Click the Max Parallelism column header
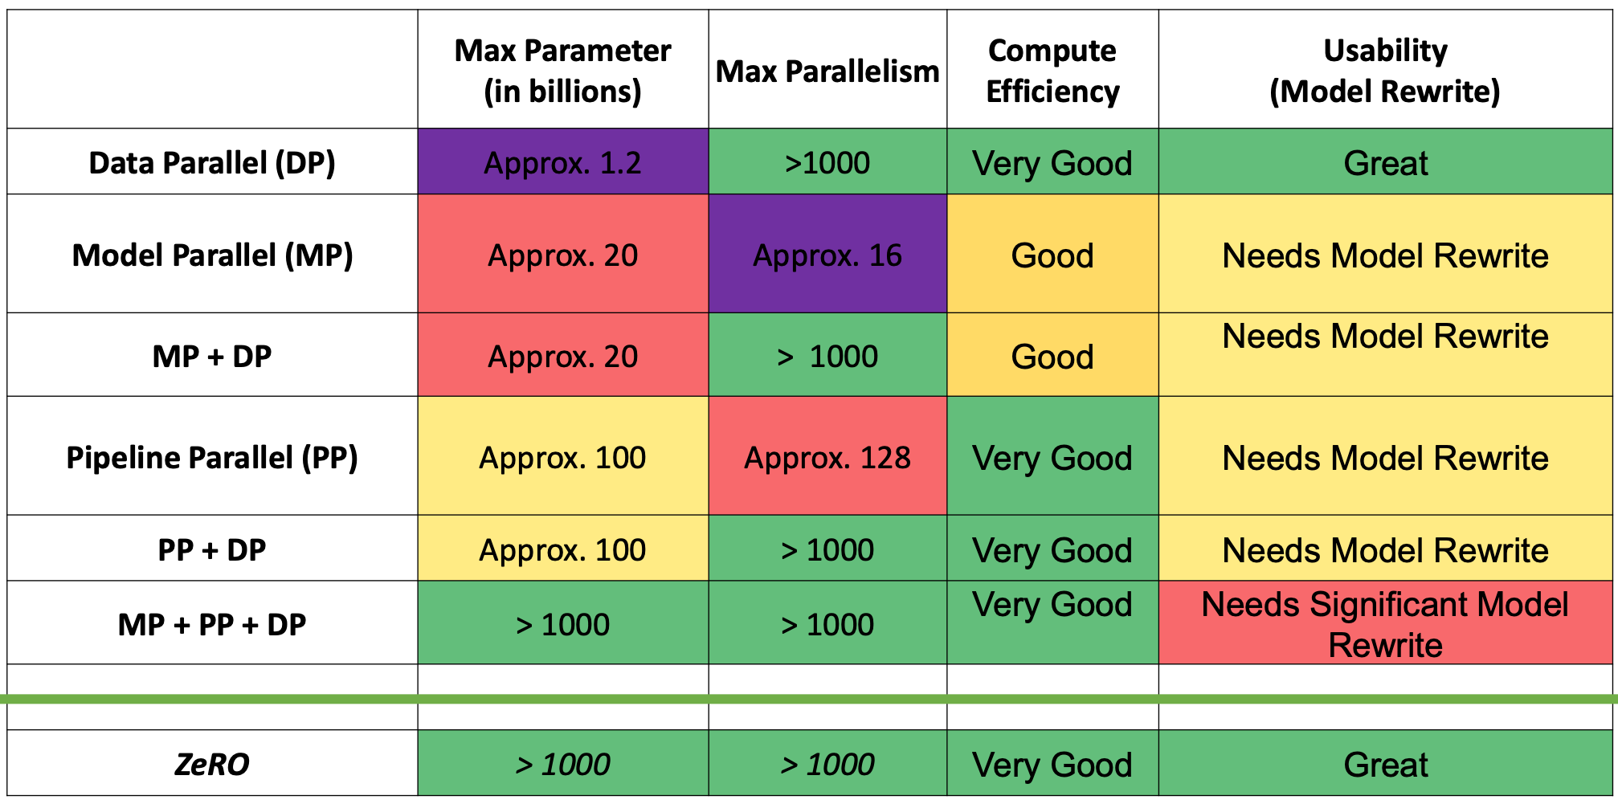[x=827, y=71]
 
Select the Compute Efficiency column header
[x=1052, y=71]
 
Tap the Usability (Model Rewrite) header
[x=1385, y=71]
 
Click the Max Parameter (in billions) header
[x=562, y=71]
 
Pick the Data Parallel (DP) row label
[x=212, y=163]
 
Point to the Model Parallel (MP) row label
[x=212, y=255]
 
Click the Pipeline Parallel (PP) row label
[x=212, y=458]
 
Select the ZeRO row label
[x=212, y=764]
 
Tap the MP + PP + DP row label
[x=212, y=624]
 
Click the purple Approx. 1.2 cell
[x=562, y=163]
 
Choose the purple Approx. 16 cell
[x=827, y=255]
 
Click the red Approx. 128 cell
[x=827, y=458]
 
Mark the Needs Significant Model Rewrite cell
[x=1385, y=624]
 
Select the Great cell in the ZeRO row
[x=1385, y=764]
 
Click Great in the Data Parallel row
[x=1385, y=163]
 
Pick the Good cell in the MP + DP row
[x=1052, y=356]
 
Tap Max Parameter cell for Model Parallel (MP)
[x=562, y=255]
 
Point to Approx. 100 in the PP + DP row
[x=562, y=550]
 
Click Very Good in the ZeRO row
[x=1052, y=764]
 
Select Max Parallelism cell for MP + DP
[x=827, y=356]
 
